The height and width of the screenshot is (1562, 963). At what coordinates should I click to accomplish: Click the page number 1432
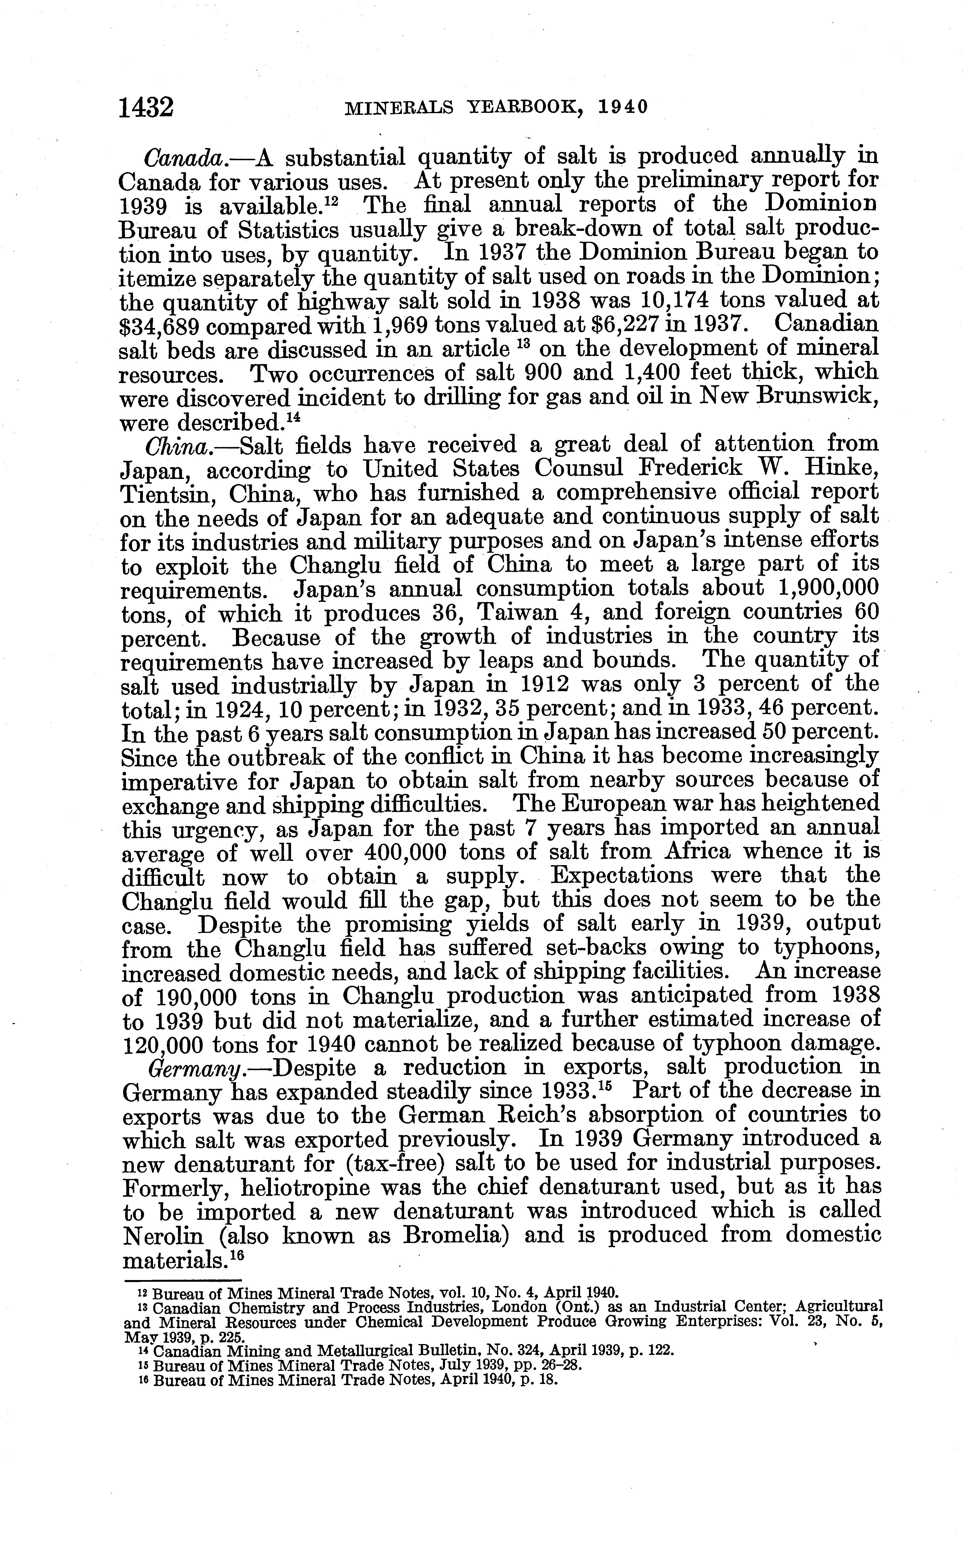(x=146, y=107)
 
